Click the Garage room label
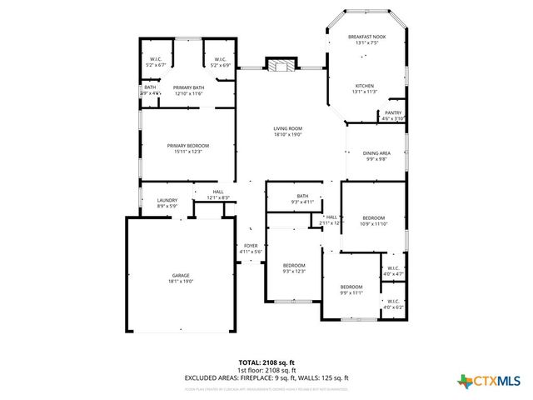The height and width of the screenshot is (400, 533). (182, 276)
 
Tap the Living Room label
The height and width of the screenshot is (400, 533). (287, 128)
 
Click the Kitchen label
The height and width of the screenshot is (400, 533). (366, 86)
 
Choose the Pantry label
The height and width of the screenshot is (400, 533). (393, 112)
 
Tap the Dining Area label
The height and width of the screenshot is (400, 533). (376, 153)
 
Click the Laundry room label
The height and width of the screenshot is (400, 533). (167, 200)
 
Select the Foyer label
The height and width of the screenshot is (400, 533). (251, 246)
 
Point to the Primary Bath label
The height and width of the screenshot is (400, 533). (188, 87)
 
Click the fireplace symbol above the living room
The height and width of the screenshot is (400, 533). (281, 64)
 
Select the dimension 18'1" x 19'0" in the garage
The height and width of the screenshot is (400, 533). (182, 282)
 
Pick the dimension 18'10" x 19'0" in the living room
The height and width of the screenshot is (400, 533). (287, 134)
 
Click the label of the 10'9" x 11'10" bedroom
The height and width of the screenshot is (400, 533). (374, 218)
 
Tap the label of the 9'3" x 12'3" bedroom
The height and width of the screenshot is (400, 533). (294, 266)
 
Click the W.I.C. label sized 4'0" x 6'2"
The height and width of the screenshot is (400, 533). (392, 301)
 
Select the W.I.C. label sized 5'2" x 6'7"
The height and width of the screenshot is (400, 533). (156, 59)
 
